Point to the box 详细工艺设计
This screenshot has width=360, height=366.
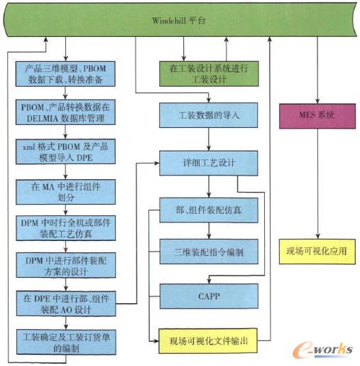coord(207,162)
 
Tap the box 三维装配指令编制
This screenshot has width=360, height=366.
coord(207,253)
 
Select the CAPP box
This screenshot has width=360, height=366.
coord(207,293)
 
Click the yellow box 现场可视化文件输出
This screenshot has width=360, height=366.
coord(207,340)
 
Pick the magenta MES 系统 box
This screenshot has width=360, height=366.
coord(317,114)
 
